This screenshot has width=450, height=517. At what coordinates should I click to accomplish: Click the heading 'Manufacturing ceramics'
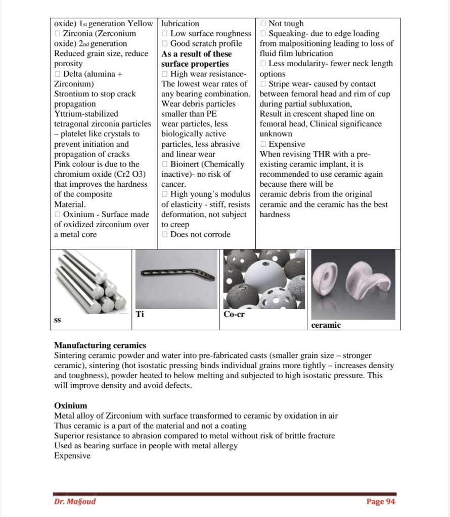100,346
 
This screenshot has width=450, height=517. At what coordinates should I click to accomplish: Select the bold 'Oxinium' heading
71,406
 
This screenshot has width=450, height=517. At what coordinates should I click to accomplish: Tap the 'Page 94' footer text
381,501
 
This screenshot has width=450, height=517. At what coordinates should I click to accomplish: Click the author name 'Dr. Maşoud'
75,501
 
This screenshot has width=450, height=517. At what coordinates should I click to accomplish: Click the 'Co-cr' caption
234,315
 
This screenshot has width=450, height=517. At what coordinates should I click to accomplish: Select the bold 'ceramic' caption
326,325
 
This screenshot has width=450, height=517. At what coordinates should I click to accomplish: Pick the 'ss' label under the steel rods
58,320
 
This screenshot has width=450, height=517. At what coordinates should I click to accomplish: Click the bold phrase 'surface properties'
195,64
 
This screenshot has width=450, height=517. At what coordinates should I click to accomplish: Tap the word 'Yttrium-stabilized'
86,114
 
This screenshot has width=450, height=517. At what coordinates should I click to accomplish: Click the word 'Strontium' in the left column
71,94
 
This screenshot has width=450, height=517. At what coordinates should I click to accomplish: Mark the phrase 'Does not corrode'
200,234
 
